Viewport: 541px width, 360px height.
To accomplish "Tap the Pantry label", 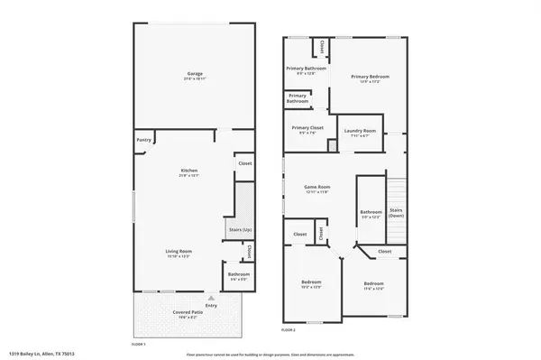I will point(143,140).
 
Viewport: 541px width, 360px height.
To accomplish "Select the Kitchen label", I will point(189,171).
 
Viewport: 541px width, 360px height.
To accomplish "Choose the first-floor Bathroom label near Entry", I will point(238,275).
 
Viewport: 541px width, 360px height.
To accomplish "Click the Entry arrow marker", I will point(212,296).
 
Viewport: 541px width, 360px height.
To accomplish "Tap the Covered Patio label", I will point(188,314).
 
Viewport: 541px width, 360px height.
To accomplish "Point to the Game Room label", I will point(320,189).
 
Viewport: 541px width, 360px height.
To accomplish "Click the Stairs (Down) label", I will point(396,214).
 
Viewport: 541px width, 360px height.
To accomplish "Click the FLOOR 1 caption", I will point(139,344).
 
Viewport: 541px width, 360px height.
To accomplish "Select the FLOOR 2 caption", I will point(289,331).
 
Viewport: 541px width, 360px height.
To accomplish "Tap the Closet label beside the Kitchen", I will point(244,164).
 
